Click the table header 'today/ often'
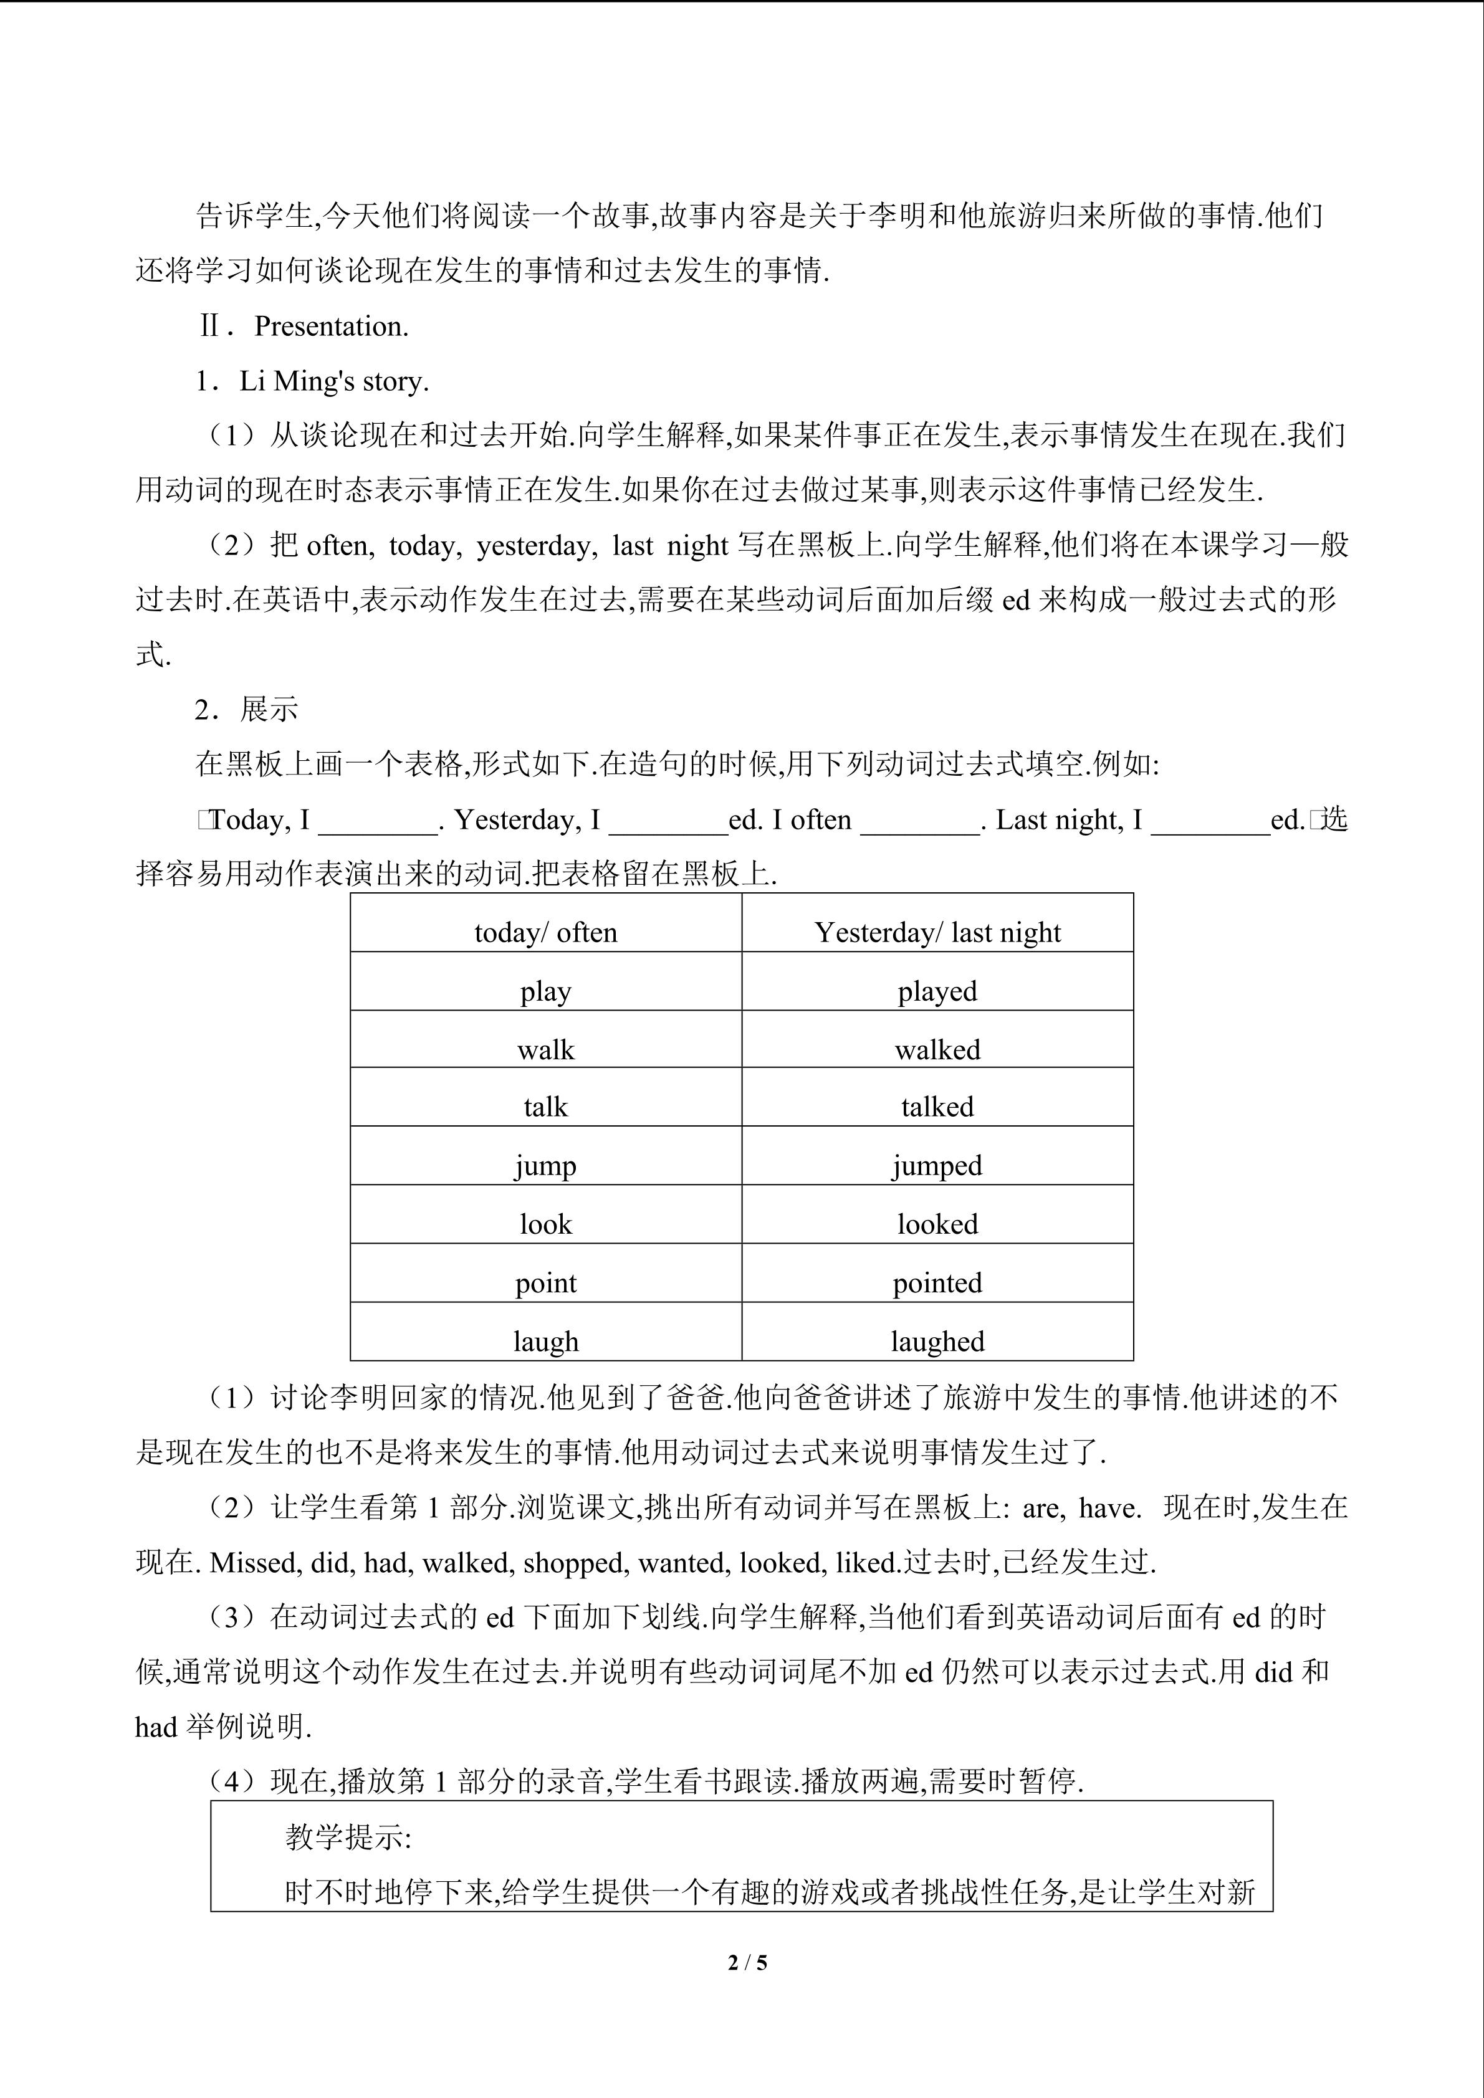(x=545, y=932)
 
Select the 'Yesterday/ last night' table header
(x=937, y=932)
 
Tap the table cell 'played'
(x=937, y=991)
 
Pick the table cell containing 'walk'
(x=545, y=1049)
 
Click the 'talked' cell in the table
(x=937, y=1107)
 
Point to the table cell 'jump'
(x=545, y=1166)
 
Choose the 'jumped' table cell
(x=937, y=1166)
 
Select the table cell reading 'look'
(x=545, y=1224)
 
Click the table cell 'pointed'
(x=937, y=1282)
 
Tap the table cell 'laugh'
(x=545, y=1340)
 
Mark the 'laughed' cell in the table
(x=937, y=1340)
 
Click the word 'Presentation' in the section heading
(x=331, y=327)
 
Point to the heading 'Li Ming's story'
(x=333, y=381)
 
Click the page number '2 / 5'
(x=747, y=1962)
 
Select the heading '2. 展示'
(x=247, y=710)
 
